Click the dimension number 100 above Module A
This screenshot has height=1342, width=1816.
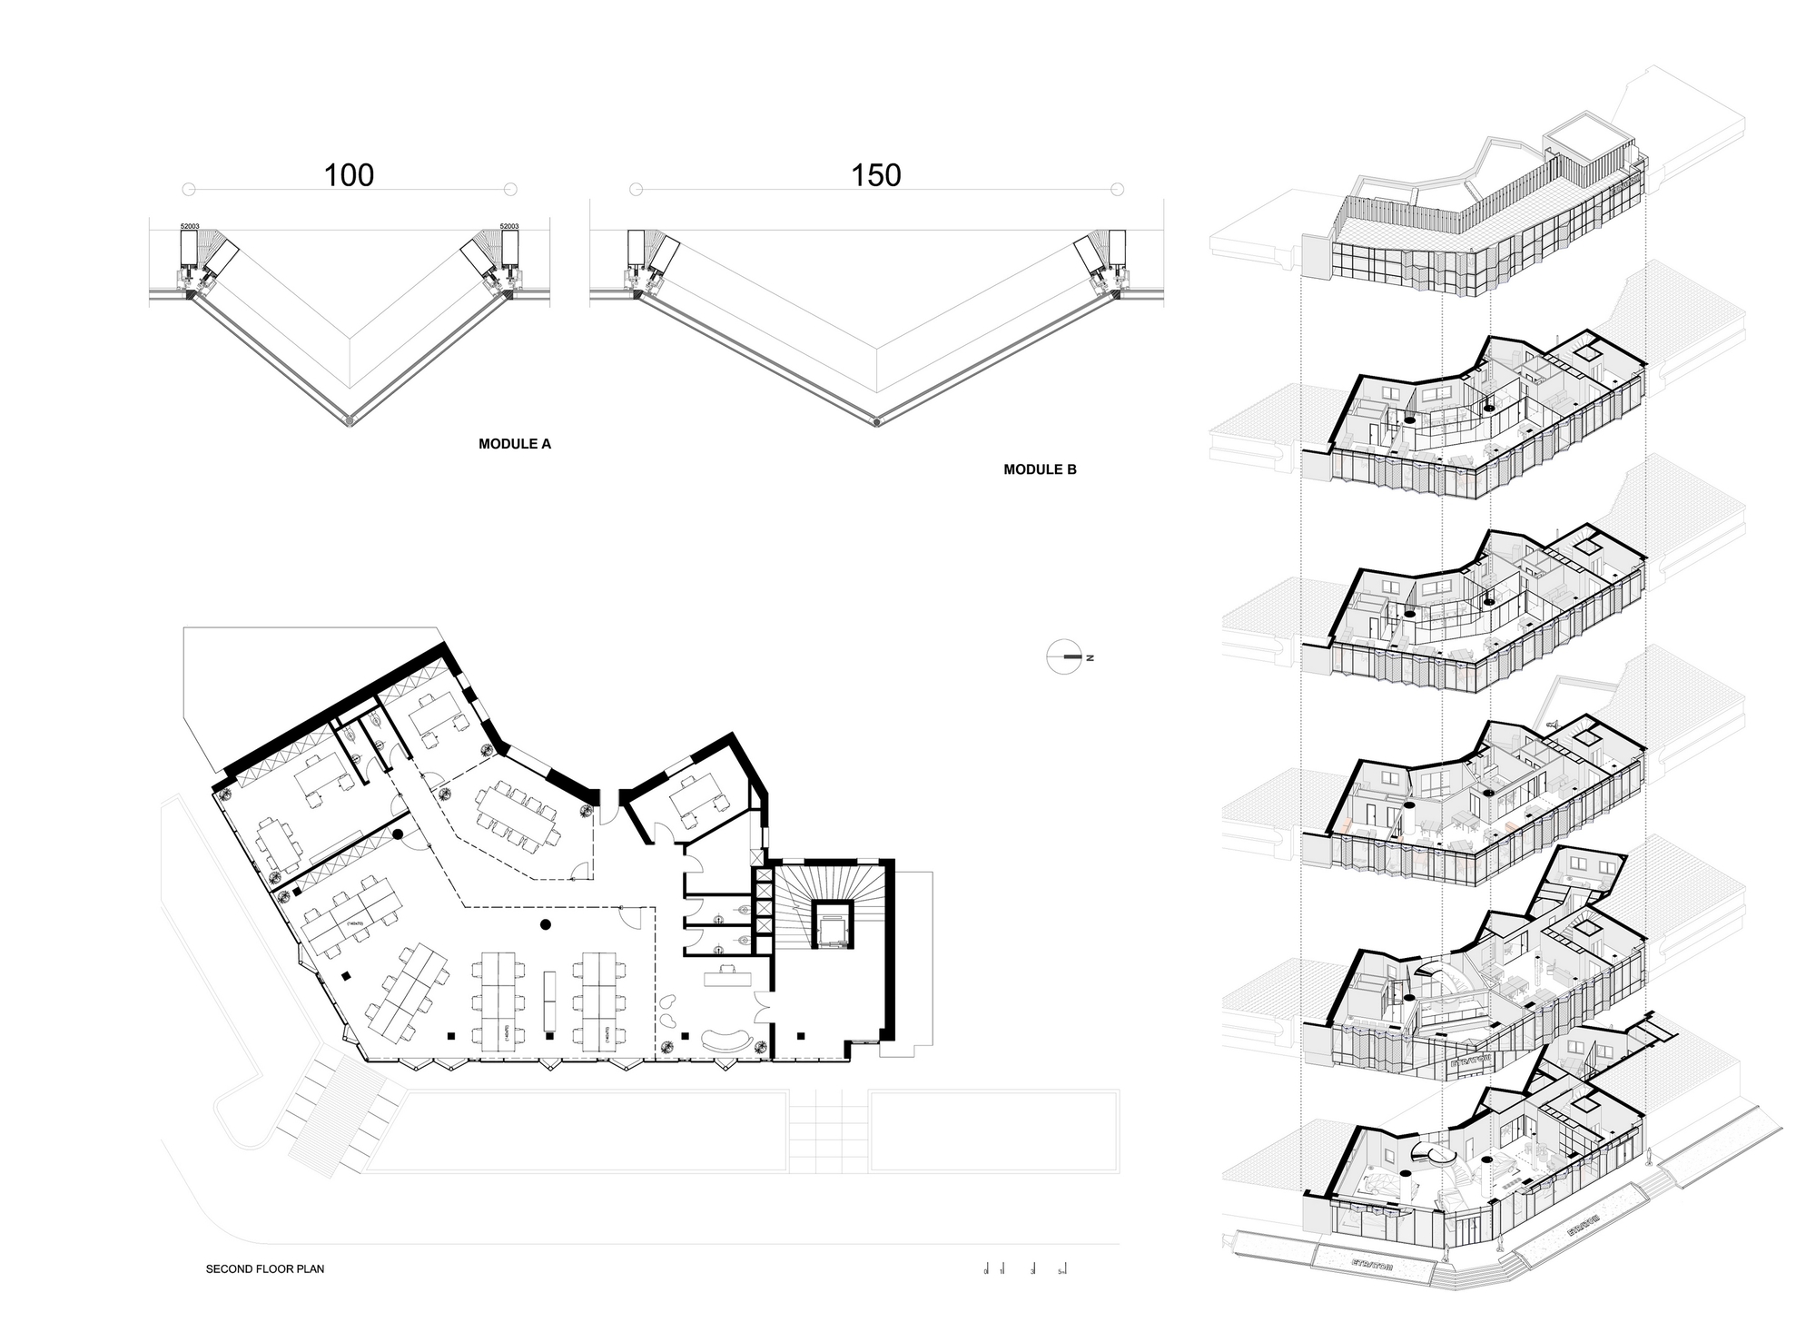pos(349,175)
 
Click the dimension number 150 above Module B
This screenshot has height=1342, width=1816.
pos(875,175)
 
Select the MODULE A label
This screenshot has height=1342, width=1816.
pos(514,444)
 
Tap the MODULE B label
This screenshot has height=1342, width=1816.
pos(1040,469)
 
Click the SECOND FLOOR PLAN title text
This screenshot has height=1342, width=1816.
pos(264,1268)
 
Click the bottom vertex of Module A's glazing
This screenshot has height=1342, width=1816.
pos(350,420)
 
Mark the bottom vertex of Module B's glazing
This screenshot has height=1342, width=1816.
pos(875,421)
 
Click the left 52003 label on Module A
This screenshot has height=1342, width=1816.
pos(190,226)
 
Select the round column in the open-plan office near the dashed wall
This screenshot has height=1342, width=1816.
pos(545,925)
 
